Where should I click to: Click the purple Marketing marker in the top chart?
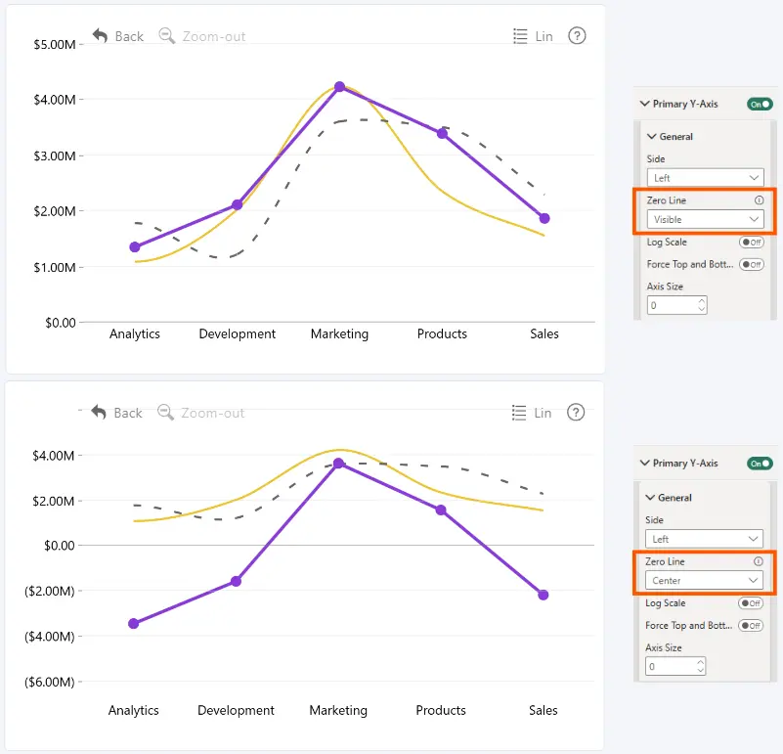339,86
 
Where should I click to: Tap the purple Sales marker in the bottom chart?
544,595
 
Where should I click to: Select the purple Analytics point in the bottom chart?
133,623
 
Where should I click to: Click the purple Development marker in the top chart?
238,204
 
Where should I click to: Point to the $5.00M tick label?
55,44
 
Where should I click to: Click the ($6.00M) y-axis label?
50,682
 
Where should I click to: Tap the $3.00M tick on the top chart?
55,155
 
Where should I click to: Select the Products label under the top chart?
442,333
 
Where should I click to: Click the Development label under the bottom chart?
236,710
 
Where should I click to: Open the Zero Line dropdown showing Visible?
705,219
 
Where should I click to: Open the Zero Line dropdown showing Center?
704,581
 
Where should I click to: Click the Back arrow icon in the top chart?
100,35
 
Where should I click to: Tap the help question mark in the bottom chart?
576,413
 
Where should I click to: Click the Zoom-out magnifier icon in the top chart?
167,35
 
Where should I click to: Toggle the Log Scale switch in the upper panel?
752,243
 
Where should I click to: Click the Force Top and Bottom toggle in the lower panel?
751,626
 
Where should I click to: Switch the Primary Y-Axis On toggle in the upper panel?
760,104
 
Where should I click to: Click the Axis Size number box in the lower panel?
675,666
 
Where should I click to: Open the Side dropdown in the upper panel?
705,178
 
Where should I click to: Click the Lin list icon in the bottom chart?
519,413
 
